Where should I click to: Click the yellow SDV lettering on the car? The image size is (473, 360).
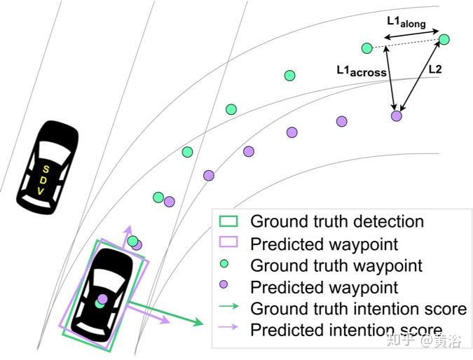(43, 179)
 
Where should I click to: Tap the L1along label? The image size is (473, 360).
(406, 22)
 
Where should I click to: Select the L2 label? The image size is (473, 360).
(434, 70)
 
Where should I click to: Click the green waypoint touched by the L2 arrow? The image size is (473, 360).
(444, 40)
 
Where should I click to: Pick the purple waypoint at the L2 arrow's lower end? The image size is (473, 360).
(397, 116)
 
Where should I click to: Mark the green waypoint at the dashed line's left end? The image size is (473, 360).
(366, 48)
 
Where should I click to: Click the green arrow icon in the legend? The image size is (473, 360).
(229, 308)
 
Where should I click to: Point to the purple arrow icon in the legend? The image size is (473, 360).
(229, 330)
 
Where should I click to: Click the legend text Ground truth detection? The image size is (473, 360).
(337, 222)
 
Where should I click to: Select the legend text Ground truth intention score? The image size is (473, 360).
(358, 309)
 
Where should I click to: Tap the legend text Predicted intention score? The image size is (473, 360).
(346, 331)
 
